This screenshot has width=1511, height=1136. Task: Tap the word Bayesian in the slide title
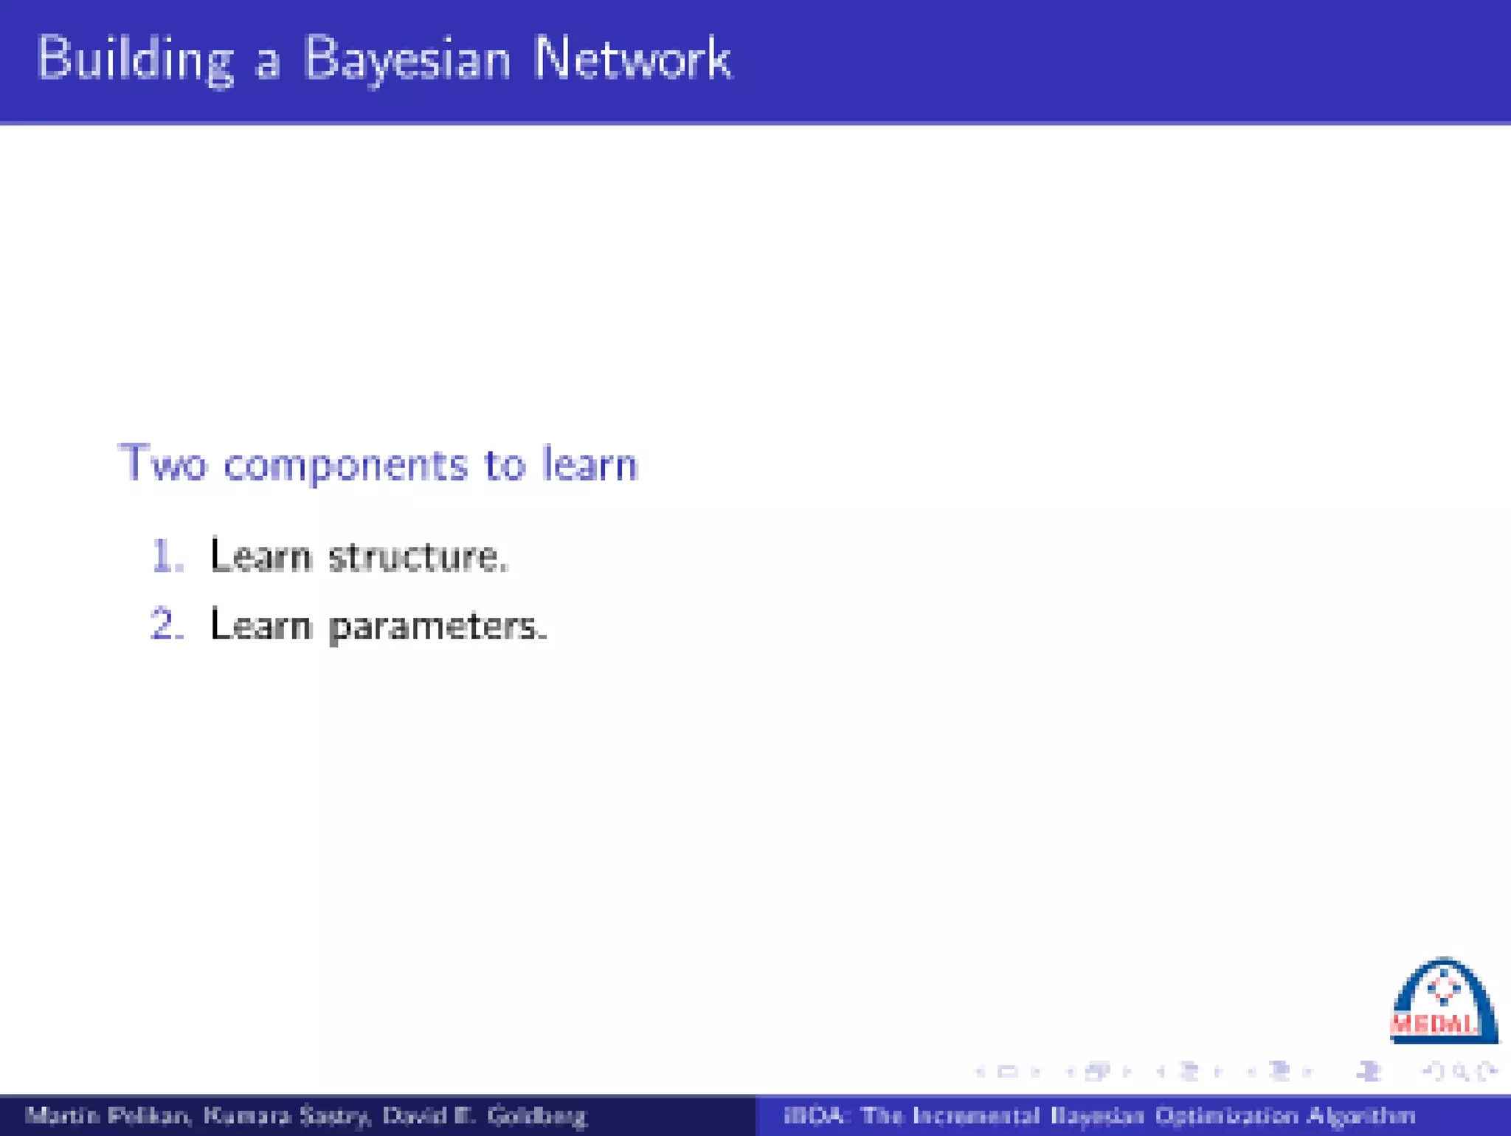point(407,59)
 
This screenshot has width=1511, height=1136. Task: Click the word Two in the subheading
point(162,464)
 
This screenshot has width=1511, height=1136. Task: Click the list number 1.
point(166,556)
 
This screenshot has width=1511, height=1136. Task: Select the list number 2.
point(166,625)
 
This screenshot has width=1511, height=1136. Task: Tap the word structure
point(418,557)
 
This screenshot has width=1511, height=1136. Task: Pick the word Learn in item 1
point(260,556)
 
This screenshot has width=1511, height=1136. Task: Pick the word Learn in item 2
point(260,625)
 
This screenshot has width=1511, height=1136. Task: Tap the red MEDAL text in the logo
point(1434,1025)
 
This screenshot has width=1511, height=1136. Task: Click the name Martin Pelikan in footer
point(108,1115)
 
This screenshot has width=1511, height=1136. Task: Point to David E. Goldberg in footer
point(484,1115)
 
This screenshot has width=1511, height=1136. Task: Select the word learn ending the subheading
point(589,464)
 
